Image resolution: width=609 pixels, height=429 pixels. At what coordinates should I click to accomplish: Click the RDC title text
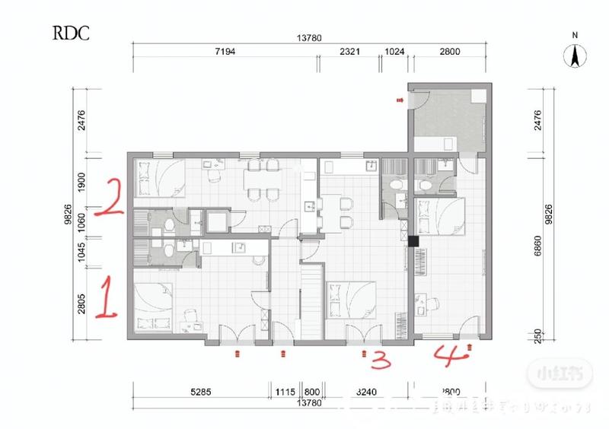pyautogui.click(x=72, y=33)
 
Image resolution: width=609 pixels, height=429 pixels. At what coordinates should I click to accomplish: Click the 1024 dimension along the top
pyautogui.click(x=394, y=52)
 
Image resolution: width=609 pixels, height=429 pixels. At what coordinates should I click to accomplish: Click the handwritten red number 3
pyautogui.click(x=381, y=359)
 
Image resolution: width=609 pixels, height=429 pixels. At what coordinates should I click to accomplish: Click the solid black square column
pyautogui.click(x=413, y=241)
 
